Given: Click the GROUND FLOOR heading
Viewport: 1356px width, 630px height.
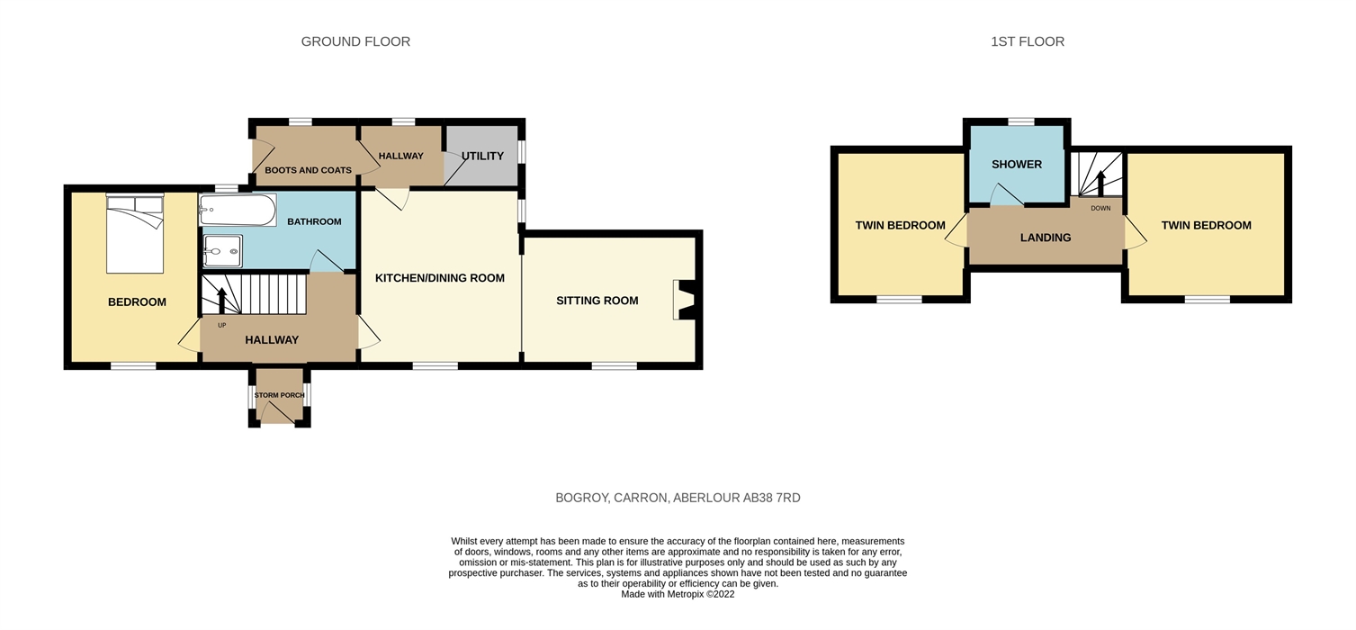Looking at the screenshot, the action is [x=355, y=41].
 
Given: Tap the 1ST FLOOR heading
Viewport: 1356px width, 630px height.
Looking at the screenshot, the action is [x=1028, y=41].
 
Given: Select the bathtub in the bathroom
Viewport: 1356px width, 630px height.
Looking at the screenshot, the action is [x=238, y=211].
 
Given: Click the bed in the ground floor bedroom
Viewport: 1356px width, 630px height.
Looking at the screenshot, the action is [x=135, y=233].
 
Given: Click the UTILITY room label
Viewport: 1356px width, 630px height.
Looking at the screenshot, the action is [x=482, y=157].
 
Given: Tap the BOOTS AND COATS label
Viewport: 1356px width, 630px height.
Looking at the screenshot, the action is [x=308, y=170].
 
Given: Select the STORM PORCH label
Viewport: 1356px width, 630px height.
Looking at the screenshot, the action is [x=279, y=395].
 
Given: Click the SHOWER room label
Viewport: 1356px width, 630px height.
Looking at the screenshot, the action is [x=1017, y=164].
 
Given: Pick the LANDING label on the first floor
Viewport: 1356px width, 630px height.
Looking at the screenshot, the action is [x=1046, y=238].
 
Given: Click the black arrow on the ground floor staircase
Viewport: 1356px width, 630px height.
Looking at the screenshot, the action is [x=221, y=301].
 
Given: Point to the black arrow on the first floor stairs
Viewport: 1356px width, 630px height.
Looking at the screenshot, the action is [x=1100, y=183].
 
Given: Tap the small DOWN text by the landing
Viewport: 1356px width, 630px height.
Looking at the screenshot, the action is [x=1100, y=209].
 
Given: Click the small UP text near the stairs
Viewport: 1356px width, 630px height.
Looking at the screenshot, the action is [x=221, y=325].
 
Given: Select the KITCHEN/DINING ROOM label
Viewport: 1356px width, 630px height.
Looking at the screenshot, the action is [x=439, y=278].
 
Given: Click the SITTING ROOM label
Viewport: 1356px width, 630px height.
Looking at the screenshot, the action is [x=597, y=301].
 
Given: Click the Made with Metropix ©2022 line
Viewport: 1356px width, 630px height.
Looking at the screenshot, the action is [x=678, y=594].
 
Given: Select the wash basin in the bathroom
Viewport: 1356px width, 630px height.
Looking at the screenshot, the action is [x=222, y=251].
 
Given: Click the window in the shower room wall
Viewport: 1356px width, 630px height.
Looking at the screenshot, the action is [x=1020, y=121].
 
